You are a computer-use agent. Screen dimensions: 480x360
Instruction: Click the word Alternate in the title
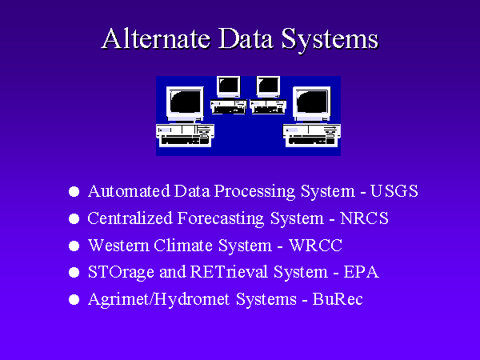(x=156, y=38)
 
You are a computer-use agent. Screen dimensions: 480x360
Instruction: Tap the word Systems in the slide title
(x=330, y=41)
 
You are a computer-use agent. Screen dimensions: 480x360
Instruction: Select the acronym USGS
(x=394, y=191)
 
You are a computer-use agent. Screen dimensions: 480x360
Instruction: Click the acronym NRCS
(x=364, y=218)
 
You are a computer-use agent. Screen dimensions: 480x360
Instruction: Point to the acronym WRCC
(x=316, y=246)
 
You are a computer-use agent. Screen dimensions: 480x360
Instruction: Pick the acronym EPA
(x=362, y=272)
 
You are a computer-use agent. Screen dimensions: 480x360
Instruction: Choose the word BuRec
(x=338, y=299)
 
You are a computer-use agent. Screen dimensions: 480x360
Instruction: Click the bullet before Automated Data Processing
(x=74, y=192)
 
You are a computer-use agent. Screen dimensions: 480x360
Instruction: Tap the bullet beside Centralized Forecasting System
(x=74, y=219)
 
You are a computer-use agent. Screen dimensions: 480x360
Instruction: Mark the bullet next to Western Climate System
(x=74, y=246)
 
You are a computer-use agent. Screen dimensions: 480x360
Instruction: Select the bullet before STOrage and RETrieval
(x=74, y=273)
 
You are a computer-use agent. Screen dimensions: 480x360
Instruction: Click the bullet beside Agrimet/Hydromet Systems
(x=74, y=300)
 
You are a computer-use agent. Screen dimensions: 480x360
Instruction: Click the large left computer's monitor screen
(x=186, y=102)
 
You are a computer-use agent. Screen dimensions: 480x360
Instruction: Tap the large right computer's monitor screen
(x=312, y=102)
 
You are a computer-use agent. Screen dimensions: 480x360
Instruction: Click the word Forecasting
(x=221, y=219)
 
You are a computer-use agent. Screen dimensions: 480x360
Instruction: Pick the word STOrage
(x=121, y=273)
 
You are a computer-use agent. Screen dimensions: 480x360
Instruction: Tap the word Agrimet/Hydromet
(x=159, y=300)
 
